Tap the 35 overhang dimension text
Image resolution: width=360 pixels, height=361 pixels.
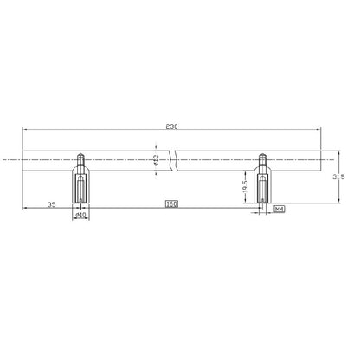(51, 206)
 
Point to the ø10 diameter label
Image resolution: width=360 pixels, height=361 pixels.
(81, 216)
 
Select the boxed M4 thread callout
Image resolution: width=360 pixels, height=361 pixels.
(280, 210)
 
